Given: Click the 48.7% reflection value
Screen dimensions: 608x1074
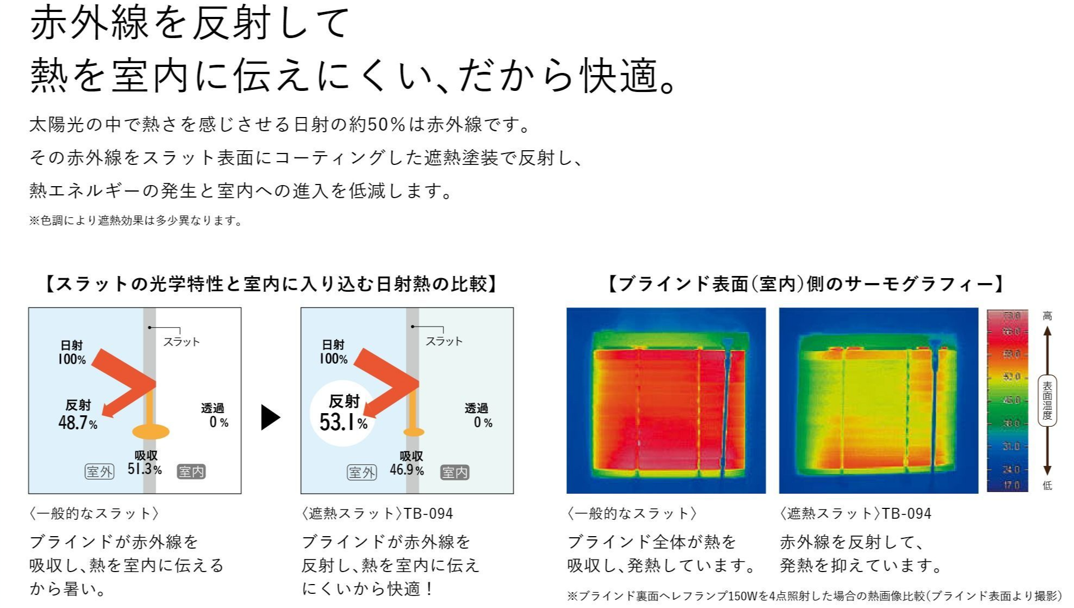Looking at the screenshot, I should (x=78, y=422).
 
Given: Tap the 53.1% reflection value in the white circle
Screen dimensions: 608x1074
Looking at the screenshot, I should (x=343, y=422).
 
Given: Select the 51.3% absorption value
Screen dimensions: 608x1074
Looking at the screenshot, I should (x=145, y=469).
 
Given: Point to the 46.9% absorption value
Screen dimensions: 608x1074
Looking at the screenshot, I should (x=406, y=469).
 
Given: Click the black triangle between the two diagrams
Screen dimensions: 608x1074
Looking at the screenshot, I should (x=270, y=417).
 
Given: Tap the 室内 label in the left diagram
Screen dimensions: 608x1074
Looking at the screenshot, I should (x=191, y=471).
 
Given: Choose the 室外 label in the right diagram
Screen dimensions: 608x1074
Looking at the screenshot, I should (x=362, y=472).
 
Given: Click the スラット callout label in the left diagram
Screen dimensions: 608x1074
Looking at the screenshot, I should (x=182, y=342).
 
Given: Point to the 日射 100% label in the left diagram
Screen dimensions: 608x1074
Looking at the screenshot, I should (x=72, y=352).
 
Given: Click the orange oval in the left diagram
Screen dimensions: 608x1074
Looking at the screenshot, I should (x=151, y=432).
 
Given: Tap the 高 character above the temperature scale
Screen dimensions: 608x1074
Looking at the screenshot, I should (x=1047, y=316).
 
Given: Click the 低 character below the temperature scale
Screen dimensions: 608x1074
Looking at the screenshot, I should (x=1047, y=486).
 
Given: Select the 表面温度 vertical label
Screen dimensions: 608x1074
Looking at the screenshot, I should (x=1047, y=401).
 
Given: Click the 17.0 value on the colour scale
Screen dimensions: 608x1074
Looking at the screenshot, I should (x=1011, y=485).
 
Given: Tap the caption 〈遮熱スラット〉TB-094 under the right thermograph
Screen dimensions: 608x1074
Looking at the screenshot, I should (x=855, y=513).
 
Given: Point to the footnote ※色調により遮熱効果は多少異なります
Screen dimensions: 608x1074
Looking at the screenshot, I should (x=135, y=220).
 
